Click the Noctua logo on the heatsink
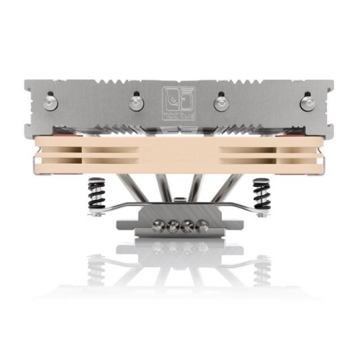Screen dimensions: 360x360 [x=180, y=100]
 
